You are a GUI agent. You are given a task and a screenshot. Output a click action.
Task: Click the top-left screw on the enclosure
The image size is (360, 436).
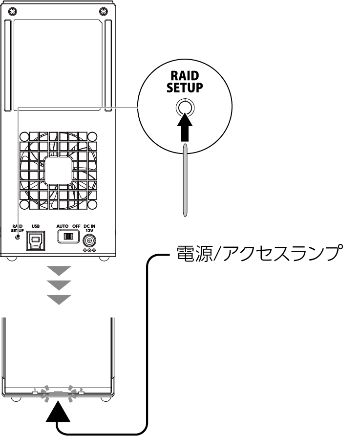tap(13, 11)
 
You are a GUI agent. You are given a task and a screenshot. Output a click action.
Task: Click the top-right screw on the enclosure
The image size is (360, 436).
tap(104, 11)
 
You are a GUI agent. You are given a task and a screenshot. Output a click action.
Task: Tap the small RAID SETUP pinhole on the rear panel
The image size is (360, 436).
tap(18, 237)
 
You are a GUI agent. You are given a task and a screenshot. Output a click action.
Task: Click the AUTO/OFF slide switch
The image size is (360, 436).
tap(68, 237)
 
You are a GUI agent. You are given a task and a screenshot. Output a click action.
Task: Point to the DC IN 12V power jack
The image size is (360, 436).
tap(90, 240)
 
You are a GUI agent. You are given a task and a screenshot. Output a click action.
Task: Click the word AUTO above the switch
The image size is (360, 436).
tap(62, 226)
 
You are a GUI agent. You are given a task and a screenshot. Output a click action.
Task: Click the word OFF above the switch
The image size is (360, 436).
tap(76, 226)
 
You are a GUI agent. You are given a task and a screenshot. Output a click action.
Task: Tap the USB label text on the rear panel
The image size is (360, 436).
tap(36, 226)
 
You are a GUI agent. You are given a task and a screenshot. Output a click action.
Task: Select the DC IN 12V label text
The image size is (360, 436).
tap(89, 228)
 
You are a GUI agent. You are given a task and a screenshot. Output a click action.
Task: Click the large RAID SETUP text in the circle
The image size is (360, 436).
tap(185, 82)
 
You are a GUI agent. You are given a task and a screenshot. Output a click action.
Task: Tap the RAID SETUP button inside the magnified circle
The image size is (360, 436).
tap(185, 107)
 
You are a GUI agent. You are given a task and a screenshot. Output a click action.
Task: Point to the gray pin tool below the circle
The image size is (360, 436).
tap(185, 179)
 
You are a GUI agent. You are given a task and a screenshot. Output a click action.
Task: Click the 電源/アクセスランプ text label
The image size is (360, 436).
tap(258, 253)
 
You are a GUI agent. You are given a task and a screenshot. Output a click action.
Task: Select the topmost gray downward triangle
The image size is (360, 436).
tap(59, 271)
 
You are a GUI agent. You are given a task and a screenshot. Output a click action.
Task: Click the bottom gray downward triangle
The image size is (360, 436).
tap(59, 300)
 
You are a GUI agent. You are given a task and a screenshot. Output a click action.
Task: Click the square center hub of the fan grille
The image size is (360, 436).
tap(58, 170)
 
